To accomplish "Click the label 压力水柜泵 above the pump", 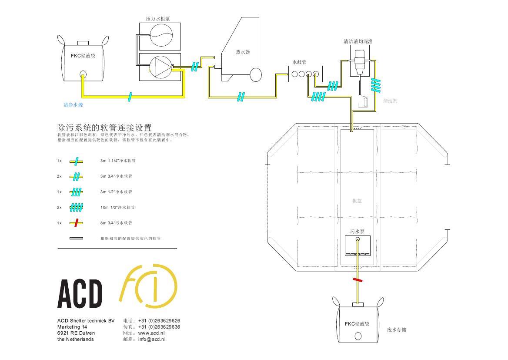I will pyautogui.click(x=157, y=19).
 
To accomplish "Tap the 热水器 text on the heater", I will pyautogui.click(x=243, y=52).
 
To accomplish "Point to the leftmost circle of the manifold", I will pyautogui.click(x=295, y=74).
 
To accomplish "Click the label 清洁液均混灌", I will pyautogui.click(x=358, y=42).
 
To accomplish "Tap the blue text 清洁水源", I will pyautogui.click(x=74, y=105).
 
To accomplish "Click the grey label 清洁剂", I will pyautogui.click(x=390, y=101).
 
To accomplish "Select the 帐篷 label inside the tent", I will pyautogui.click(x=357, y=201).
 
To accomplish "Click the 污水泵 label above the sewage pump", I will pyautogui.click(x=357, y=232).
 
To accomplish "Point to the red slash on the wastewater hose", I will pyautogui.click(x=358, y=279).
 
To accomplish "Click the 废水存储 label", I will pyautogui.click(x=396, y=330).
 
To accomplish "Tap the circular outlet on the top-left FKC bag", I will pyautogui.click(x=83, y=74).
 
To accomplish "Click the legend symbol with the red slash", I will pyautogui.click(x=76, y=223).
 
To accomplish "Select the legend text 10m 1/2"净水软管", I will pyautogui.click(x=117, y=207).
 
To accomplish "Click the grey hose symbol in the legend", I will pyautogui.click(x=76, y=239).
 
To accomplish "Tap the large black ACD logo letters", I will pyautogui.click(x=80, y=294).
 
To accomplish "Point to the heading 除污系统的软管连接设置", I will pyautogui.click(x=105, y=128).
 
